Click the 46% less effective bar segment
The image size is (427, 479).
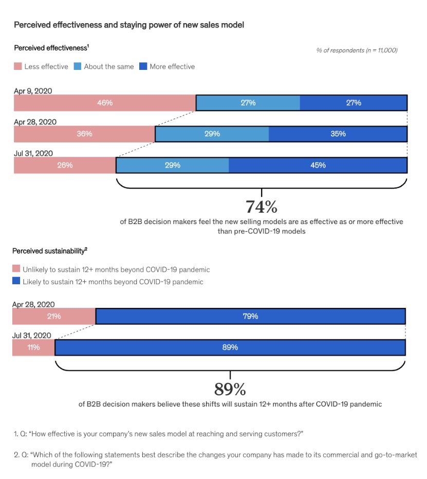pyautogui.click(x=105, y=103)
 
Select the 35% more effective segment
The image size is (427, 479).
pyautogui.click(x=338, y=134)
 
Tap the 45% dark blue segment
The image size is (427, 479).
pyautogui.click(x=318, y=165)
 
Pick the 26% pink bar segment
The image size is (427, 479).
pyautogui.click(x=65, y=165)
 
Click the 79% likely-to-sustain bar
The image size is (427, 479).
pyautogui.click(x=250, y=316)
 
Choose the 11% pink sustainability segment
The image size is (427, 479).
pyautogui.click(x=33, y=347)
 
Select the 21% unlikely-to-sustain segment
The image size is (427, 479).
pyautogui.click(x=54, y=316)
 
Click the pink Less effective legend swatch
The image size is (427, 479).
pyautogui.click(x=17, y=66)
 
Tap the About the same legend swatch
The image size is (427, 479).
pyautogui.click(x=78, y=66)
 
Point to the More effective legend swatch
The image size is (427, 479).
pyautogui.click(x=143, y=66)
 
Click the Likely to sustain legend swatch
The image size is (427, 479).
pyautogui.click(x=16, y=281)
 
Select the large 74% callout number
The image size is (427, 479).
pyautogui.click(x=262, y=207)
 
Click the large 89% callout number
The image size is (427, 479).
pyautogui.click(x=230, y=389)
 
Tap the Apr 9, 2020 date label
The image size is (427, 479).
pyautogui.click(x=33, y=91)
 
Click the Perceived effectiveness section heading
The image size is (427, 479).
pyautogui.click(x=51, y=48)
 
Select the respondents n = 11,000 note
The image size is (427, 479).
pyautogui.click(x=357, y=50)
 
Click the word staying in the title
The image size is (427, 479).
pyautogui.click(x=133, y=25)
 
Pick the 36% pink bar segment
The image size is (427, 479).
pyautogui.click(x=84, y=134)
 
